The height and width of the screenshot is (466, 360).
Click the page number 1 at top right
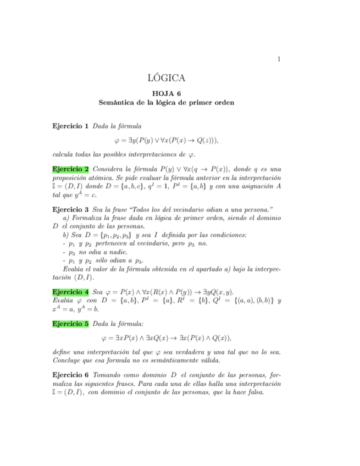coord(279,59)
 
